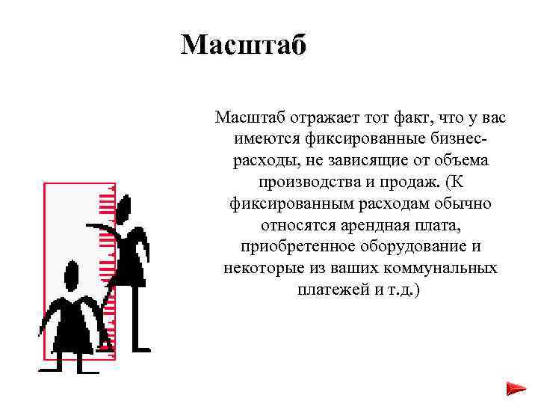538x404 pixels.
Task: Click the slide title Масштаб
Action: pos(244,46)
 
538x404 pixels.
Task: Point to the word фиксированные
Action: pos(357,139)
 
